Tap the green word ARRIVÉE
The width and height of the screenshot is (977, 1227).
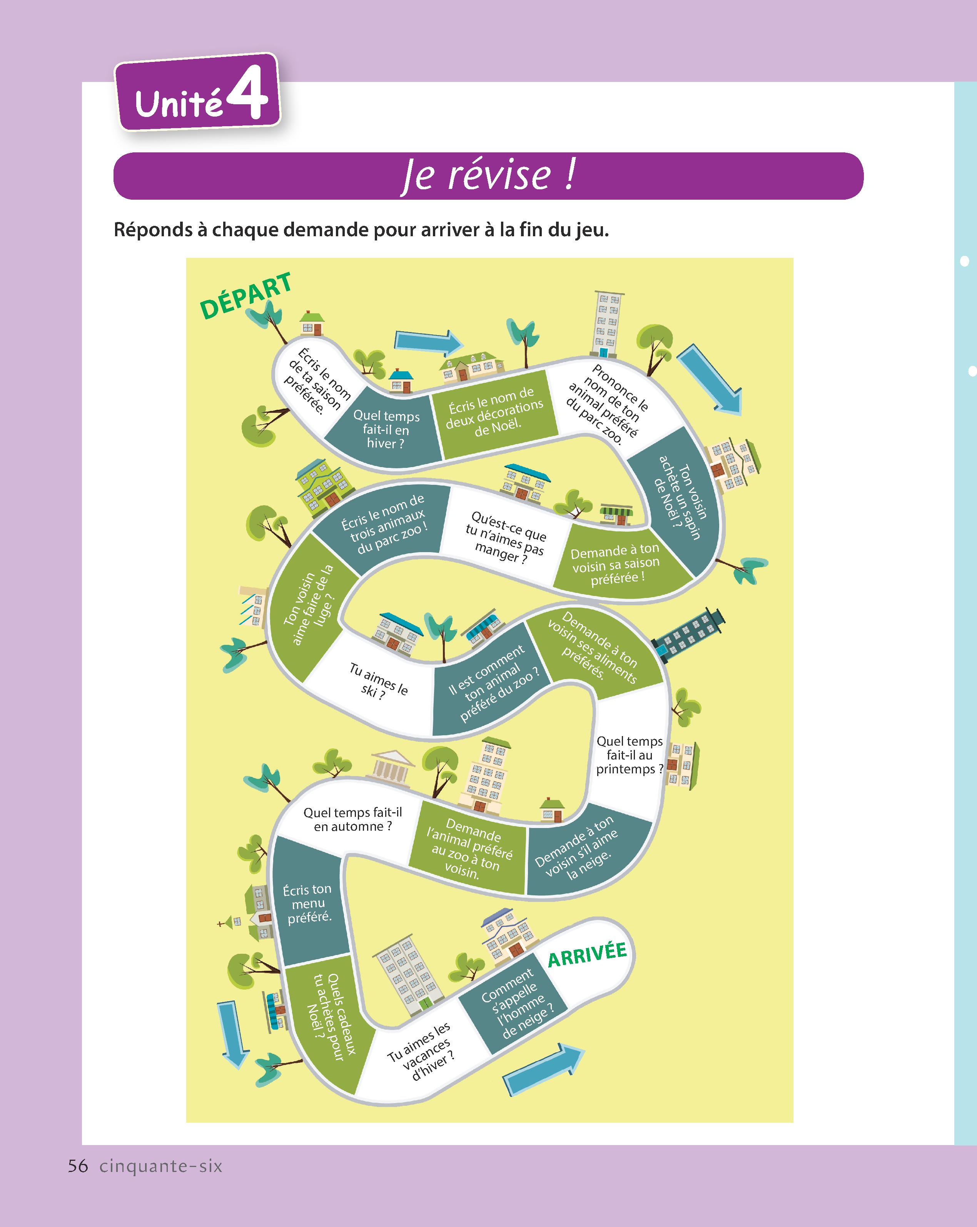tap(587, 954)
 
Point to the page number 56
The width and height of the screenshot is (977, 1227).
tap(78, 1166)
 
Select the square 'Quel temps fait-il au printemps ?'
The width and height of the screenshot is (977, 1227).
tap(629, 755)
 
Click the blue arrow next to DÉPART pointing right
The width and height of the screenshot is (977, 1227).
tap(428, 341)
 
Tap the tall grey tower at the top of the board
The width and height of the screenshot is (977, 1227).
tap(607, 324)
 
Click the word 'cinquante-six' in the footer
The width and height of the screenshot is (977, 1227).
tap(161, 1166)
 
